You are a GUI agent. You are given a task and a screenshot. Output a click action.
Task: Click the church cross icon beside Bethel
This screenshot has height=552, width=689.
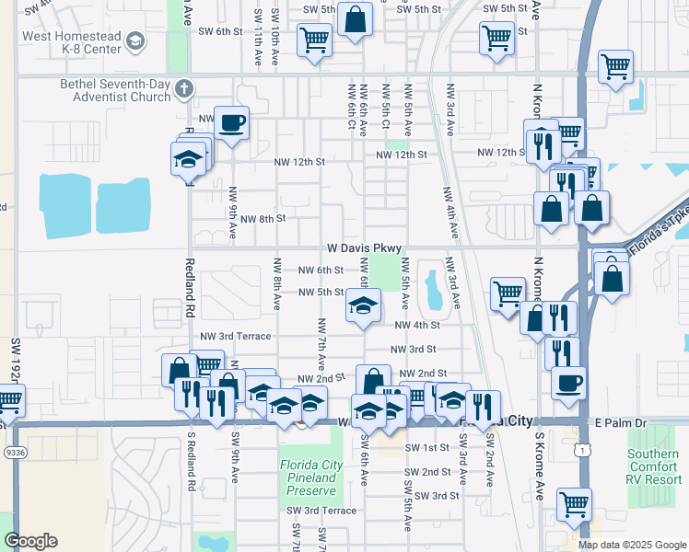184,89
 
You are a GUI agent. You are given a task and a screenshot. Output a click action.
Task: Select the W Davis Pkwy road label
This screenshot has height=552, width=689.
364,248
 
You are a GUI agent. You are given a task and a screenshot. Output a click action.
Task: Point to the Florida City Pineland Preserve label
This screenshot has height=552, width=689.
313,477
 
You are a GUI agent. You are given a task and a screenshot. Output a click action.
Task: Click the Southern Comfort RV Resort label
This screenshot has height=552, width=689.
655,466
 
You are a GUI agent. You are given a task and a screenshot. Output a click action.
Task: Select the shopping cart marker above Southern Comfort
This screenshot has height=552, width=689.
575,503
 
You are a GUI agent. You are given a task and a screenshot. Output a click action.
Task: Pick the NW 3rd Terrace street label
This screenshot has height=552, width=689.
241,336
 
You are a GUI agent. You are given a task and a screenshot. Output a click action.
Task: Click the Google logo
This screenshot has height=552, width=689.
30,541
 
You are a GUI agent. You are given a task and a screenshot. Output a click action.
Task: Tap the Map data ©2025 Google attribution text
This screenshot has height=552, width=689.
632,545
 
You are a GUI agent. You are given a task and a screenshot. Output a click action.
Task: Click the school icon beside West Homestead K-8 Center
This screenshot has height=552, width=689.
135,41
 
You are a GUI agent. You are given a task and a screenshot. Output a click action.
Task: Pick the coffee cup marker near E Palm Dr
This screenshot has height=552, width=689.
568,380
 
